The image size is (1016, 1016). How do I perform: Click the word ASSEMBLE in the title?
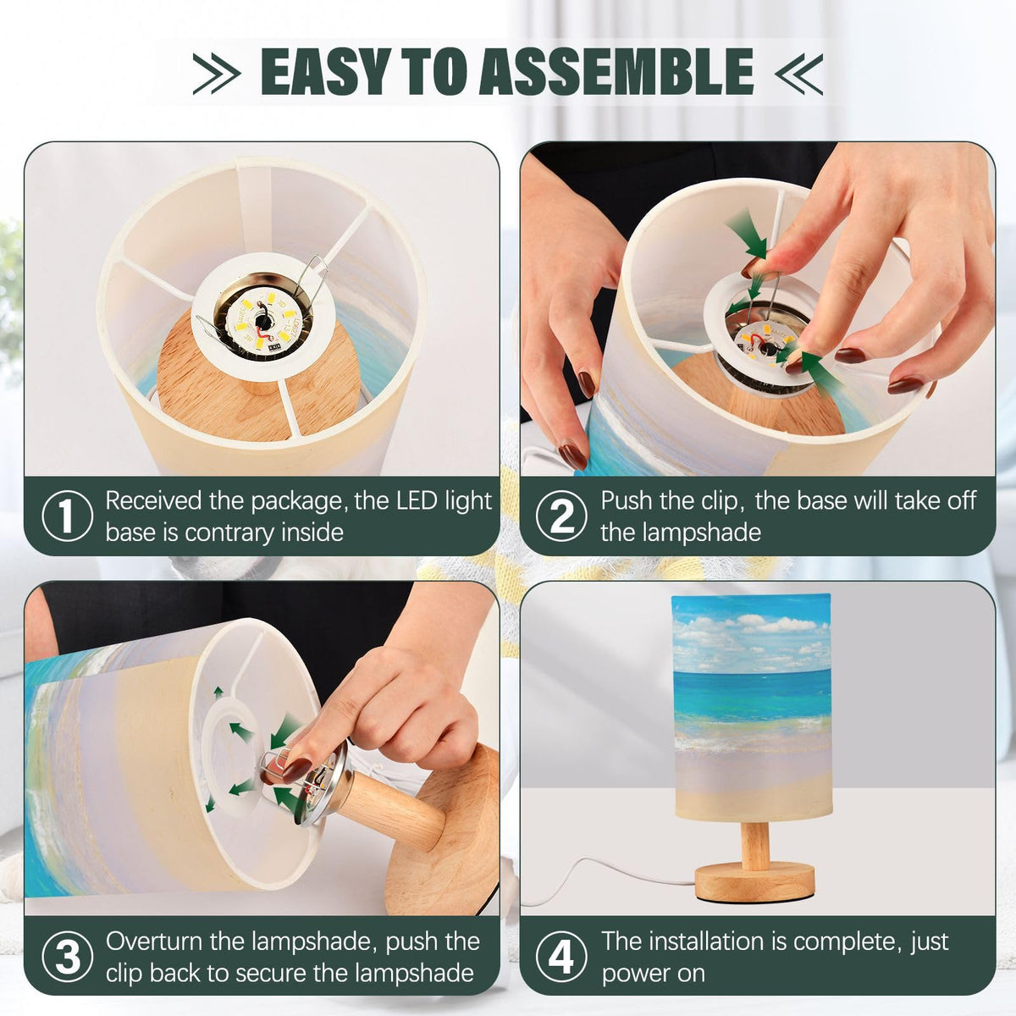coord(616,71)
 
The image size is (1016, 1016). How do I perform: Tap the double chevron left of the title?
coord(216,74)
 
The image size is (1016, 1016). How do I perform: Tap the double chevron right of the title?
coord(798,74)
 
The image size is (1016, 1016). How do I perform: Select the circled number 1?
coord(67,516)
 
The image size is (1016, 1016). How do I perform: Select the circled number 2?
coord(561,516)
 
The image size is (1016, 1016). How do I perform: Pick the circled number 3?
coord(67,957)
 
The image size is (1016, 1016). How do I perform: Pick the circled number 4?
coord(561,957)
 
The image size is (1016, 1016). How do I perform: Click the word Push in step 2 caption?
coord(627,501)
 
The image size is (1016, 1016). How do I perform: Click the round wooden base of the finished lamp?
coord(755,881)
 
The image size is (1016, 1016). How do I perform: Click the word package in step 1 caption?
coord(298,502)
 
